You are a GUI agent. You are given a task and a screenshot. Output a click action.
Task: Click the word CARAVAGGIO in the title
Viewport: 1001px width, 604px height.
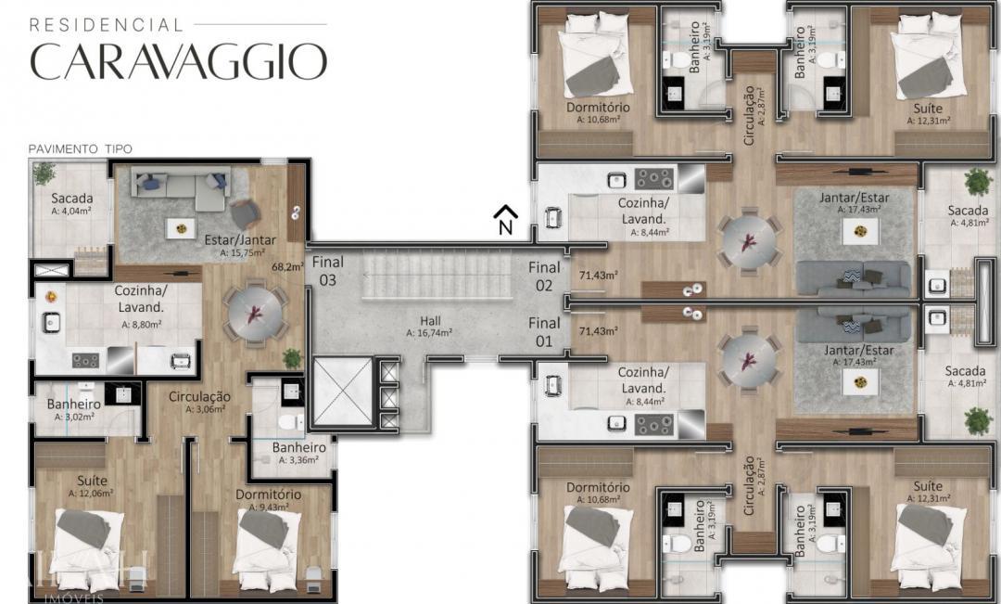tap(178, 61)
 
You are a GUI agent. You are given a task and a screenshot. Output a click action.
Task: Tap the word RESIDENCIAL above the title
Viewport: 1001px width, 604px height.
tap(106, 24)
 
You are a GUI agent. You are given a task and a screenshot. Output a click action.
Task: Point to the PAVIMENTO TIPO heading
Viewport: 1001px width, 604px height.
tap(80, 148)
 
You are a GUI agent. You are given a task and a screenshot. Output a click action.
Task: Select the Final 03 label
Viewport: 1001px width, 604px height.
tap(327, 270)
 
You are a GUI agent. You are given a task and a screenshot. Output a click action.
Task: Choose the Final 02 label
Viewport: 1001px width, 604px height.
tap(544, 276)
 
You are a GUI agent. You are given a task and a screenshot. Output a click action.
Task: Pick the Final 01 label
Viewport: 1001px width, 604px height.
tap(544, 332)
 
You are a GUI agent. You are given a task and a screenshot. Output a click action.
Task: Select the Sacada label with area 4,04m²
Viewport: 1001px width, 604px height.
tap(71, 199)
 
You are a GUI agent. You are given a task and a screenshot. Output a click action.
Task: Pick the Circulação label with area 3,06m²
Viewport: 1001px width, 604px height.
tap(199, 396)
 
